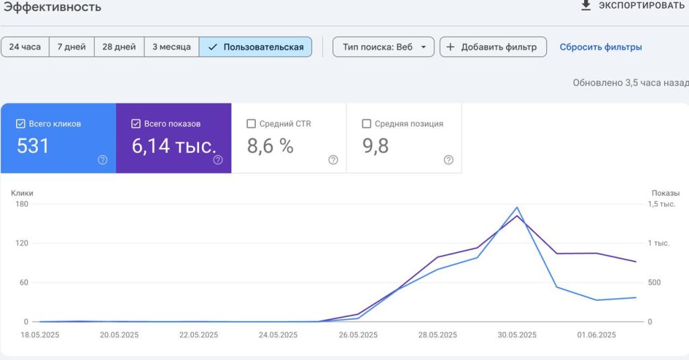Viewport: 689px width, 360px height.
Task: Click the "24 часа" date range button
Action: [x=25, y=47]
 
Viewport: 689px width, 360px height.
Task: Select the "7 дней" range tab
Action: [x=71, y=47]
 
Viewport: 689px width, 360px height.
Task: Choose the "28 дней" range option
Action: [x=119, y=47]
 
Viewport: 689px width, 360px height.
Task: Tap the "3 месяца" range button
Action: [x=172, y=47]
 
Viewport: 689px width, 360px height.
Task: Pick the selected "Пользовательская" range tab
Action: [x=255, y=47]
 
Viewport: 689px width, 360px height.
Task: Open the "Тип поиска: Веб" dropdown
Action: [x=383, y=47]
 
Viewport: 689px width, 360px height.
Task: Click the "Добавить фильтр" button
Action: [x=493, y=47]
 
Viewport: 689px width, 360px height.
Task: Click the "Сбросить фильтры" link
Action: [x=601, y=47]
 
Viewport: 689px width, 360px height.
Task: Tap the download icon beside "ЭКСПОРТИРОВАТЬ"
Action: [x=586, y=5]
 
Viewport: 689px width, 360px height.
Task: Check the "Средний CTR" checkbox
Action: [x=252, y=124]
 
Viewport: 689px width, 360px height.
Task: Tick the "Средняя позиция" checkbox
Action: [x=367, y=124]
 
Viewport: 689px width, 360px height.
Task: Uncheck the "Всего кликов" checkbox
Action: [x=21, y=124]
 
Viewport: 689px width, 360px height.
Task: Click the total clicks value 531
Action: [x=33, y=146]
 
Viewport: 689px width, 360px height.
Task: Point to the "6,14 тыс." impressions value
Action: [x=174, y=146]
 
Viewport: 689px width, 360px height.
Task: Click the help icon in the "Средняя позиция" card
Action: [x=448, y=160]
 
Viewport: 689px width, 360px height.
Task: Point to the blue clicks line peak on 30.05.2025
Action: [x=517, y=207]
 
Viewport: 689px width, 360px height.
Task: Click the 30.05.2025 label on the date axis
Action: [x=517, y=335]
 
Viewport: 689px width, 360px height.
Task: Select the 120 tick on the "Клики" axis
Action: [x=22, y=243]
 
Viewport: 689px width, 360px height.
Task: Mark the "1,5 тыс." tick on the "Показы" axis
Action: [x=661, y=204]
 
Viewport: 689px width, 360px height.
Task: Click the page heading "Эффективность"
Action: [x=52, y=7]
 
